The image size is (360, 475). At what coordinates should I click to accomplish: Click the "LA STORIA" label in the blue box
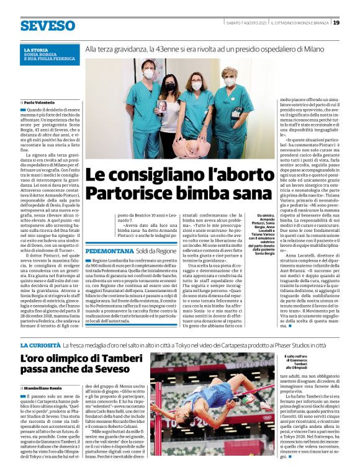(35, 49)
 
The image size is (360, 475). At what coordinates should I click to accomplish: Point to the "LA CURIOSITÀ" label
(40, 345)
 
